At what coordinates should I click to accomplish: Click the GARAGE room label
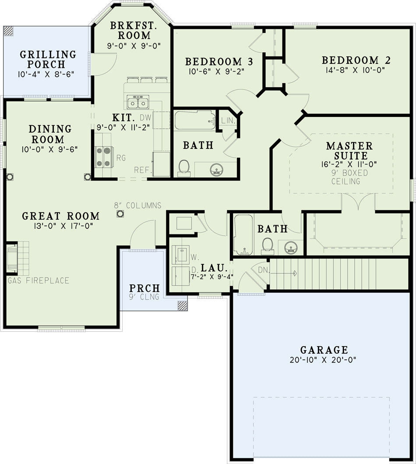324,350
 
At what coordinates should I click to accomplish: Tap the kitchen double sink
138,102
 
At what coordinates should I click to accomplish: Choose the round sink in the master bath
291,248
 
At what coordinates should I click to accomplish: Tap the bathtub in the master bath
243,235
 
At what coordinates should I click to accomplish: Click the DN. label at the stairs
264,269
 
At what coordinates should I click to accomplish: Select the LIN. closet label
228,120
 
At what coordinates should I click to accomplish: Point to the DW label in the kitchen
145,117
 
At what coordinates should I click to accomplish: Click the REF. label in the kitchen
143,170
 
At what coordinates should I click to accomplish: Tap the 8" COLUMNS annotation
138,205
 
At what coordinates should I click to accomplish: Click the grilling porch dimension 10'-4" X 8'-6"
46,74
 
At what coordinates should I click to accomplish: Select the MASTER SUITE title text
350,151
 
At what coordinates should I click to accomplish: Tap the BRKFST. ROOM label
134,30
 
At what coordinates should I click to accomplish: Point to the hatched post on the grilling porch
8,31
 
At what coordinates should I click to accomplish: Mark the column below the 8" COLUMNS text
120,214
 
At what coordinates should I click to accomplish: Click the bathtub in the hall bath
195,120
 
